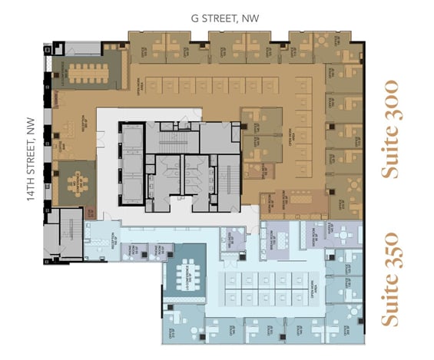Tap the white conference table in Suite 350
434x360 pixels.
click(184, 276)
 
